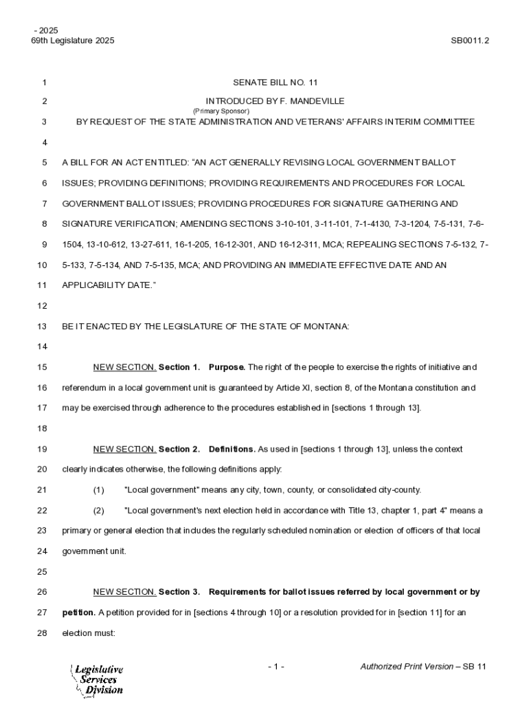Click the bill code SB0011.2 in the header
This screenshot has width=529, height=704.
(469, 41)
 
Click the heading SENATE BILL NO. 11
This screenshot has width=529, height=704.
(275, 82)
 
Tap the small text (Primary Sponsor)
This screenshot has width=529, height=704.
(221, 111)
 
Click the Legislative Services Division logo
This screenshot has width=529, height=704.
(97, 680)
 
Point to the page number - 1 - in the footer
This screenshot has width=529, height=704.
(276, 667)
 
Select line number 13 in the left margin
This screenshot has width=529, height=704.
(42, 327)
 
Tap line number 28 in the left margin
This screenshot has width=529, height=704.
(42, 633)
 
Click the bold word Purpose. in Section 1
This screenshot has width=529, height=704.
(227, 367)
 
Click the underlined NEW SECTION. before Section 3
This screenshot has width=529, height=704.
(124, 592)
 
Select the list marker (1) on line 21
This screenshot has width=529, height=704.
(98, 490)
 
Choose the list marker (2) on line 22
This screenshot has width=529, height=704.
(98, 511)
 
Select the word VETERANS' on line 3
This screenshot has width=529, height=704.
(336, 122)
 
